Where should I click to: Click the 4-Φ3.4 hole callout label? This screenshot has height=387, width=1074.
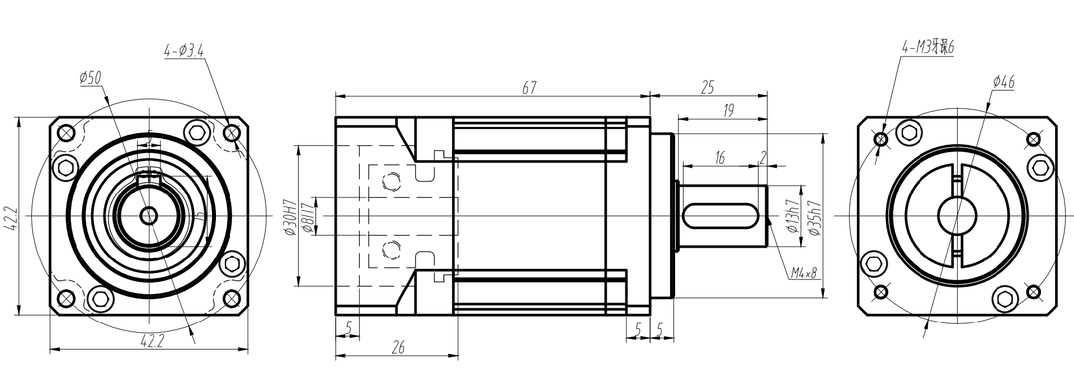(183, 51)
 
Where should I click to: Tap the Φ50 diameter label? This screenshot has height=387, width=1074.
(90, 78)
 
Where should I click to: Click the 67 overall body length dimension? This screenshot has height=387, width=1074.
(530, 88)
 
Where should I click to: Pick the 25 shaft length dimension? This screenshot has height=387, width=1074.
(708, 87)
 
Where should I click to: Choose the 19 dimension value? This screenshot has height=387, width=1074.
(728, 111)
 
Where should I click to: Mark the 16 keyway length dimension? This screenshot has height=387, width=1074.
(719, 158)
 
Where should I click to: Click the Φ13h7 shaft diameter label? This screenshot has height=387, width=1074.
(792, 216)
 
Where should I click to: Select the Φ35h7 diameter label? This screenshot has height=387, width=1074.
(815, 216)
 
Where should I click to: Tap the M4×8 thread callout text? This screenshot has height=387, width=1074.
(803, 273)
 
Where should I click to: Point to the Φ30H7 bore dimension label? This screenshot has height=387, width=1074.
(289, 216)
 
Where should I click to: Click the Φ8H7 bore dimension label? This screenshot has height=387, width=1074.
(306, 216)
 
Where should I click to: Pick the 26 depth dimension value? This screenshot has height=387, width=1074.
(398, 348)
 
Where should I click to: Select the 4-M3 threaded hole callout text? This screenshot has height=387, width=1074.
(927, 48)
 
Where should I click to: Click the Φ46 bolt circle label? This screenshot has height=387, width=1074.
(1004, 83)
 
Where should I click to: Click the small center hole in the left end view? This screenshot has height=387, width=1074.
(149, 215)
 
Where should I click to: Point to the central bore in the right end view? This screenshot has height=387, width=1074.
(957, 216)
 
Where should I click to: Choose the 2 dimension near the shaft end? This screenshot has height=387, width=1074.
(763, 158)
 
